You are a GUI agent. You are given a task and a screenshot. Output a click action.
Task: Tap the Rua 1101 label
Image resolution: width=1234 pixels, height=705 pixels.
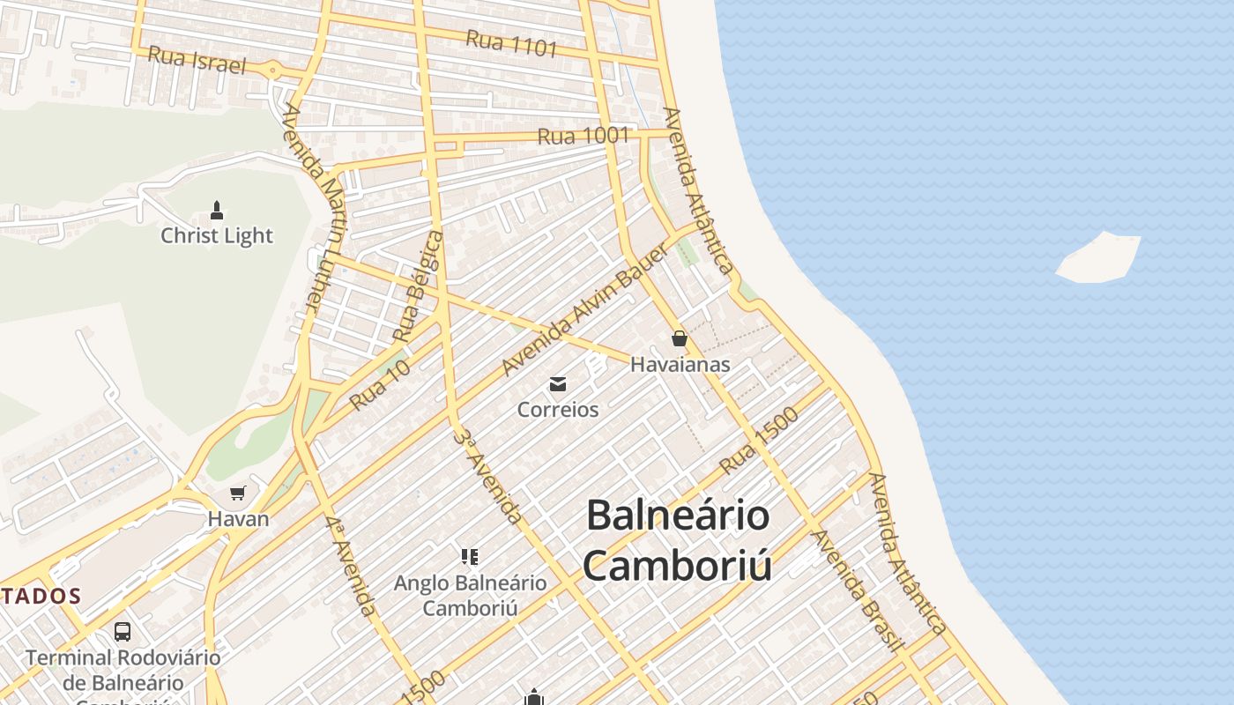click(512, 42)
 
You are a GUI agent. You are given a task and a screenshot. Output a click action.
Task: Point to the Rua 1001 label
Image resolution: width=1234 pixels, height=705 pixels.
click(584, 136)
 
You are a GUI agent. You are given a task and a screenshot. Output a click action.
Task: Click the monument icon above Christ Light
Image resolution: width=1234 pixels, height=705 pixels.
click(217, 211)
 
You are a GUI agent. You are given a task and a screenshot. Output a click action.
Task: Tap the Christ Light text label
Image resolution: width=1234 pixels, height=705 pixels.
click(217, 236)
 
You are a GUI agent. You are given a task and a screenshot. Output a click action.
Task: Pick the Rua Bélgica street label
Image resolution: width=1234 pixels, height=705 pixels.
click(418, 286)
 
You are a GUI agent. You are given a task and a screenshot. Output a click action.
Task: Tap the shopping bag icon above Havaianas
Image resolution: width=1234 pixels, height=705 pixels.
click(680, 338)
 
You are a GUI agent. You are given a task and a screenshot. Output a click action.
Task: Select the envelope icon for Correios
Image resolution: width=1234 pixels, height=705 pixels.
click(558, 384)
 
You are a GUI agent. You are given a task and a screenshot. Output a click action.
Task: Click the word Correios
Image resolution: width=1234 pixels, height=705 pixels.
click(558, 410)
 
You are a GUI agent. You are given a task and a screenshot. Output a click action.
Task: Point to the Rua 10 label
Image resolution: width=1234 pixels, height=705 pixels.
click(380, 386)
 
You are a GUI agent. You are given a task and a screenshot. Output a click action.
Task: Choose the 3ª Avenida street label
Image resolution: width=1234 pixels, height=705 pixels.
click(488, 477)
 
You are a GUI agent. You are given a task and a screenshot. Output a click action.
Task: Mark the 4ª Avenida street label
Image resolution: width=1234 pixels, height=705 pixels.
click(351, 566)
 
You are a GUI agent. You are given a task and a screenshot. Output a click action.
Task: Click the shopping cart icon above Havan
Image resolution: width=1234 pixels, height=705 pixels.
click(237, 493)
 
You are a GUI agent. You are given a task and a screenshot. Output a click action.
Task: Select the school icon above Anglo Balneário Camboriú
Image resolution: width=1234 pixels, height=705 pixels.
click(470, 557)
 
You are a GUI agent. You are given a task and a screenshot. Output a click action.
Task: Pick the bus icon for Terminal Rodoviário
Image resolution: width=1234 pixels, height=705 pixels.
click(123, 632)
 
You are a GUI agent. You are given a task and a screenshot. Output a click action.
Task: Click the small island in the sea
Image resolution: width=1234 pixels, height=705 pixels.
click(1098, 258)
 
